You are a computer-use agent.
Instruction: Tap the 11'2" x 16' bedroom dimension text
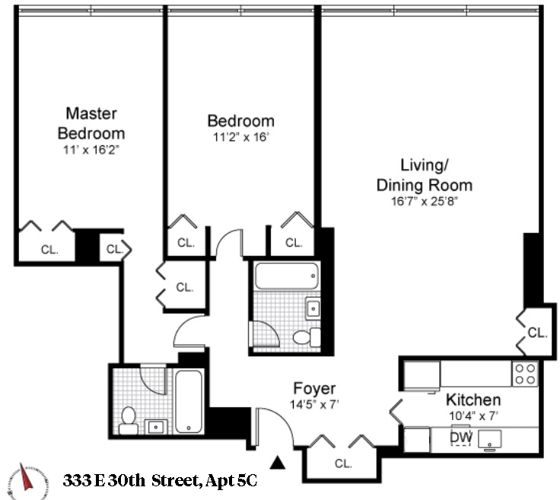(240, 138)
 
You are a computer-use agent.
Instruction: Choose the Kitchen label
(473, 400)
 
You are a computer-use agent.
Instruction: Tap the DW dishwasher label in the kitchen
(460, 437)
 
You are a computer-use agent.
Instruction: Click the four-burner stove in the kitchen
(526, 373)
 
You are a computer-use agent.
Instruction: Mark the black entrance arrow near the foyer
(279, 460)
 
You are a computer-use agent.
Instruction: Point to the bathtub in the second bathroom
(285, 275)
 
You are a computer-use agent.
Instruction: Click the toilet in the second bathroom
(302, 338)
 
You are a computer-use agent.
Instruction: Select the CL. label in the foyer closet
(343, 463)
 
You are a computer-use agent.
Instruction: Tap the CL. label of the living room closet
(537, 333)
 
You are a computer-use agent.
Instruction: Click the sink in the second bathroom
(313, 308)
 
